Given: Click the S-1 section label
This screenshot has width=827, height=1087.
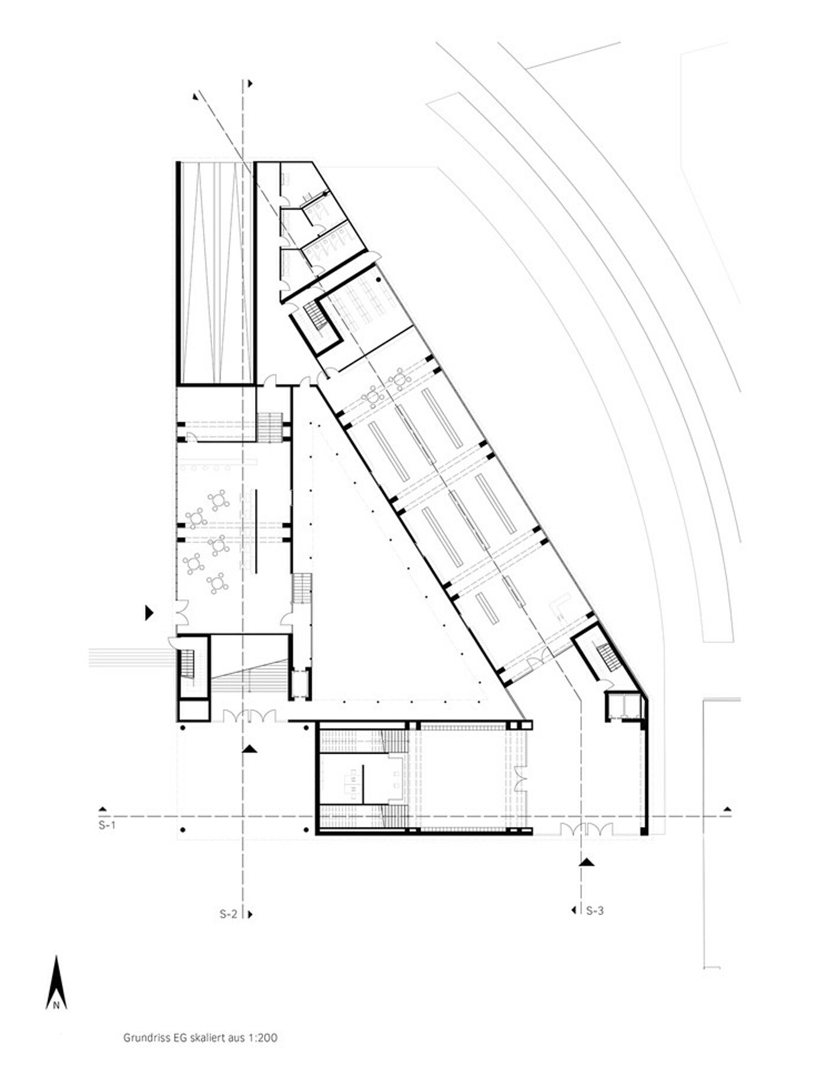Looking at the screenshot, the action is click(107, 825).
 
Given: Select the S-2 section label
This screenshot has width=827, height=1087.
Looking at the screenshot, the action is click(229, 914).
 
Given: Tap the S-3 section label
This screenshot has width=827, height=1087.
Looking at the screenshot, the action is click(595, 910).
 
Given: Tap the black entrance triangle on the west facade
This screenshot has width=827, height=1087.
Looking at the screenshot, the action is click(149, 613).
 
